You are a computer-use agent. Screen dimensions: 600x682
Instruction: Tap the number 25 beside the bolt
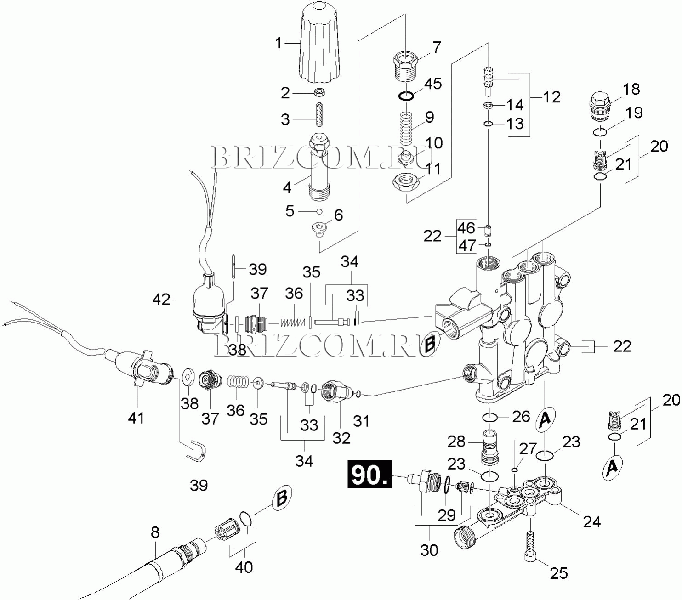point(558,573)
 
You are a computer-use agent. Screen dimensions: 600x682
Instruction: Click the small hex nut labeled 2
point(318,92)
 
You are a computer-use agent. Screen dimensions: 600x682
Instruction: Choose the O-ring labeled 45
point(405,96)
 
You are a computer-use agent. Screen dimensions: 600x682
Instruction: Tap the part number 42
point(161,300)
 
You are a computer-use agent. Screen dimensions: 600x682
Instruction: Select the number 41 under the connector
point(136,418)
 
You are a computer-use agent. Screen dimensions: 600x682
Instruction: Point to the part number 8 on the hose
point(155,532)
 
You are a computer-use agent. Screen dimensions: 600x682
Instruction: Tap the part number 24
point(591,521)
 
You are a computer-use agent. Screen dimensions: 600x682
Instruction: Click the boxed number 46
point(466,227)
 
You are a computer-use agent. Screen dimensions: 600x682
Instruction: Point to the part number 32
point(341,438)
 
